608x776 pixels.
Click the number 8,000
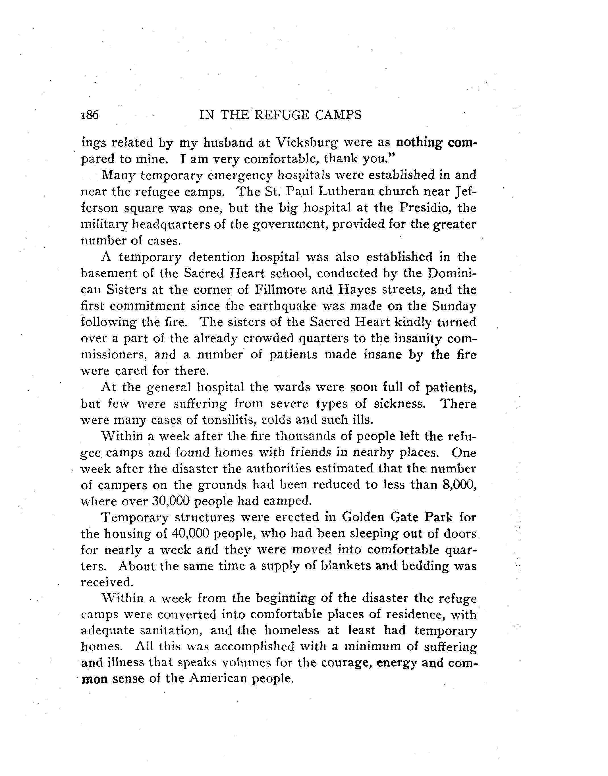[x=458, y=485]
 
